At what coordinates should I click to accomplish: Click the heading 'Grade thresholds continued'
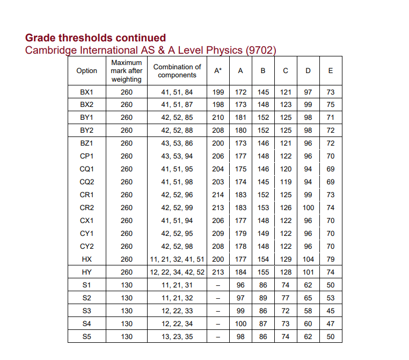(96, 38)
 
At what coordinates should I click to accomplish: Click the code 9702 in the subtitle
(260, 51)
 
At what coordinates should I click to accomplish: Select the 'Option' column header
(87, 71)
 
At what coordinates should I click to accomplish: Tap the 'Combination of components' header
(177, 71)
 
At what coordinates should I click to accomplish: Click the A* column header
(218, 71)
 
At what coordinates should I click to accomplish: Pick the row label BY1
(87, 118)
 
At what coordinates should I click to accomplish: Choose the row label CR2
(87, 207)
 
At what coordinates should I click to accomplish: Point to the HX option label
(87, 259)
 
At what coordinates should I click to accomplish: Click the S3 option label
(87, 311)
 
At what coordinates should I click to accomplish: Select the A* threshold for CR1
(218, 195)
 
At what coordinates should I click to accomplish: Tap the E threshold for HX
(331, 259)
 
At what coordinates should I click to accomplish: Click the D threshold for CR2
(308, 207)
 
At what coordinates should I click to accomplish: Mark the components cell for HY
(177, 272)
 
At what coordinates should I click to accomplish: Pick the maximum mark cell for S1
(127, 285)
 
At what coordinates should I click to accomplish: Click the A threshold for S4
(240, 323)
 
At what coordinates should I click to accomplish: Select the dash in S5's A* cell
(218, 336)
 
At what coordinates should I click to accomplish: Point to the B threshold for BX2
(263, 105)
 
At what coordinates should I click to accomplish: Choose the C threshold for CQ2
(286, 182)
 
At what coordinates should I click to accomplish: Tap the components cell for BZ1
(177, 143)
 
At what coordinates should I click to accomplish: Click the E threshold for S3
(331, 311)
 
